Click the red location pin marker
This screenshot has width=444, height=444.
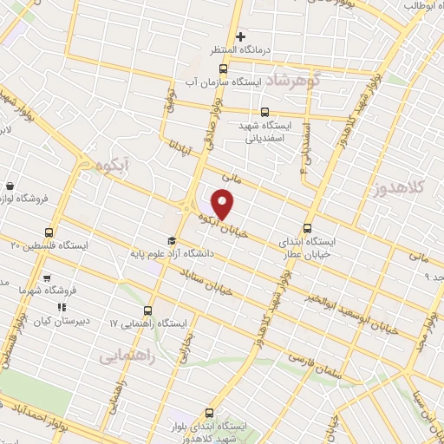point(224,205)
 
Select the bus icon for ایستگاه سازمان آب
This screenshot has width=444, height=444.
point(223,69)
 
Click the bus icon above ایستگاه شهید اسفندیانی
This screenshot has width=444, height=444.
point(264,112)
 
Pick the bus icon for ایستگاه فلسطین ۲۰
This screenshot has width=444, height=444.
point(49,232)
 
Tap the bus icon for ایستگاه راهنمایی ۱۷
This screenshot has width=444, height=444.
point(147,310)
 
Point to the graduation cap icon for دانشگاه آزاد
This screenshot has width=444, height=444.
point(172,241)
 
